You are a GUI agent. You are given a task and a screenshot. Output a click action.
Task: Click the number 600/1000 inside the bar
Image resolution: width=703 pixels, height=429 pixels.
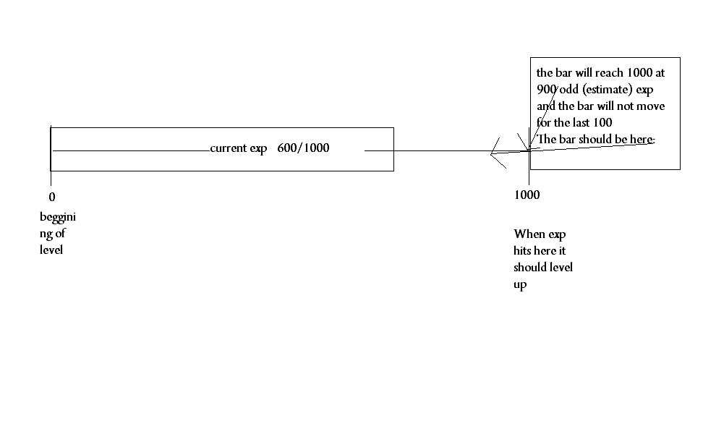click(303, 148)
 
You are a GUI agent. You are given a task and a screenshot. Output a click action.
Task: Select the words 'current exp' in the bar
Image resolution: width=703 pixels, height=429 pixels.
click(239, 148)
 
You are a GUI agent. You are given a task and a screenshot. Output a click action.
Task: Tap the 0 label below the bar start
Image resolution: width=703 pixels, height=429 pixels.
click(52, 197)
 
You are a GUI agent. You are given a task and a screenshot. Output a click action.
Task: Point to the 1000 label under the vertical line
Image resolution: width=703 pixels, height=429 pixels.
click(527, 195)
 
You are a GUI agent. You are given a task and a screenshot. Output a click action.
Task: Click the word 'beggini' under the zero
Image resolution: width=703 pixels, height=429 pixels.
click(58, 218)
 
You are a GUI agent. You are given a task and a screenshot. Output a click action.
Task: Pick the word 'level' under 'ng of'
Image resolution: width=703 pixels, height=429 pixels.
click(51, 250)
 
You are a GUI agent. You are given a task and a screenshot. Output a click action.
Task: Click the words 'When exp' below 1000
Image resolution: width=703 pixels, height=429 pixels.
click(540, 234)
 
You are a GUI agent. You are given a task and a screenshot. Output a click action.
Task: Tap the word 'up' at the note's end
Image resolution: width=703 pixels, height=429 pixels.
click(520, 284)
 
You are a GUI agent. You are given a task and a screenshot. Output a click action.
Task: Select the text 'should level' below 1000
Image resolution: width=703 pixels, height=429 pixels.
click(543, 267)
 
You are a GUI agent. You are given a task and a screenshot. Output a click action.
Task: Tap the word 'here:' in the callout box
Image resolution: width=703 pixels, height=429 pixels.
click(642, 140)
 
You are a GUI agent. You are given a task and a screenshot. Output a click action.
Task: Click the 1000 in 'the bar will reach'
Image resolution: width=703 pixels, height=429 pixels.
click(639, 72)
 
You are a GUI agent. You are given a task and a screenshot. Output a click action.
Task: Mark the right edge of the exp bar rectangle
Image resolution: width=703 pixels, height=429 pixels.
click(393, 149)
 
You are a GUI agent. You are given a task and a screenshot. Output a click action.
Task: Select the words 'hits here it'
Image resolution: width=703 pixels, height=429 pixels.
click(540, 250)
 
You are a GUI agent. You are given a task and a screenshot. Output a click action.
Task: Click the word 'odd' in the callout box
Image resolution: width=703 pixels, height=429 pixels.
click(569, 89)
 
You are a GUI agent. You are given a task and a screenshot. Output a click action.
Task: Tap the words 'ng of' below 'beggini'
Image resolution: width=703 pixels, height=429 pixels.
click(53, 234)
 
